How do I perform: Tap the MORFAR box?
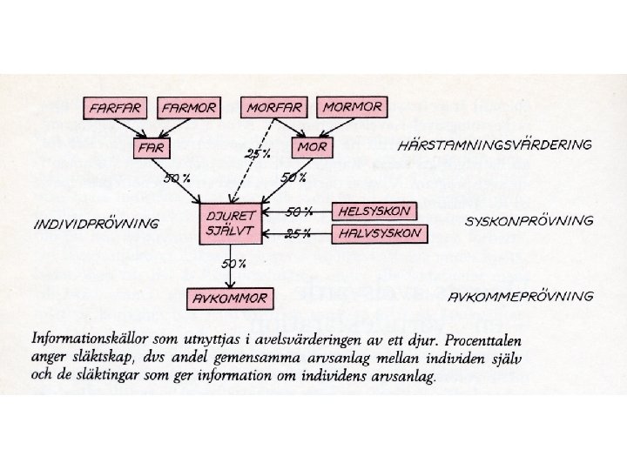click(x=274, y=108)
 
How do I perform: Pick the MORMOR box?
click(x=352, y=107)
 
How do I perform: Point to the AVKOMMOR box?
click(x=229, y=300)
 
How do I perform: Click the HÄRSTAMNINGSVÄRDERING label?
click(x=494, y=144)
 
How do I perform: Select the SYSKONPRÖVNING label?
click(x=529, y=220)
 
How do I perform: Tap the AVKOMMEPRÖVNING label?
click(x=521, y=296)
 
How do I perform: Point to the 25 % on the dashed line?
click(x=257, y=154)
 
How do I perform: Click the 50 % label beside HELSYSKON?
click(x=299, y=211)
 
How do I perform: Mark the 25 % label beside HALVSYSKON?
click(x=299, y=233)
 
